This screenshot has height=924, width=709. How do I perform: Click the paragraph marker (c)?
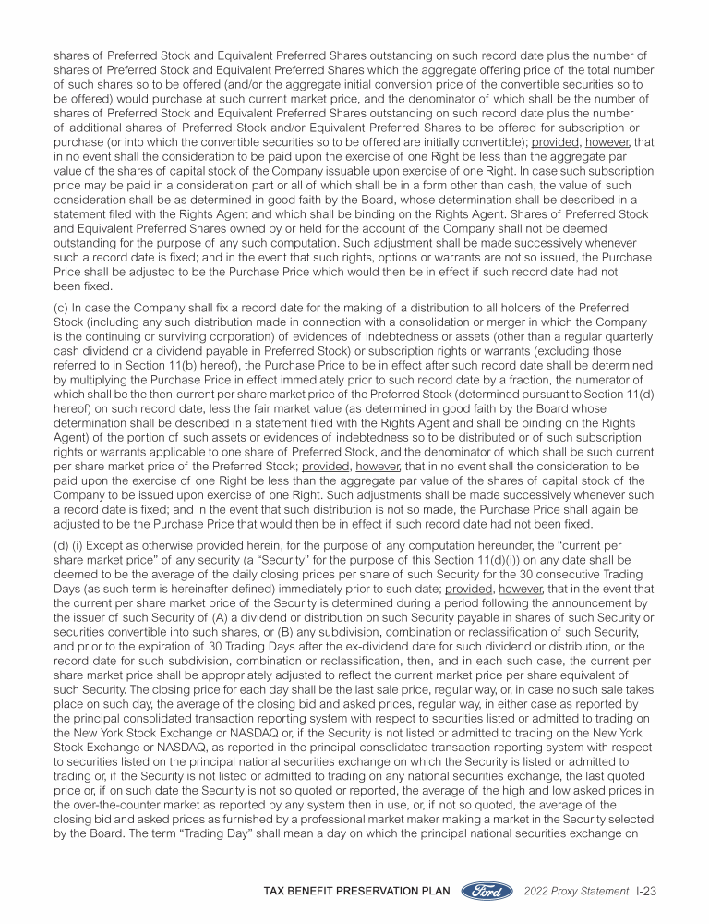click(61, 307)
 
